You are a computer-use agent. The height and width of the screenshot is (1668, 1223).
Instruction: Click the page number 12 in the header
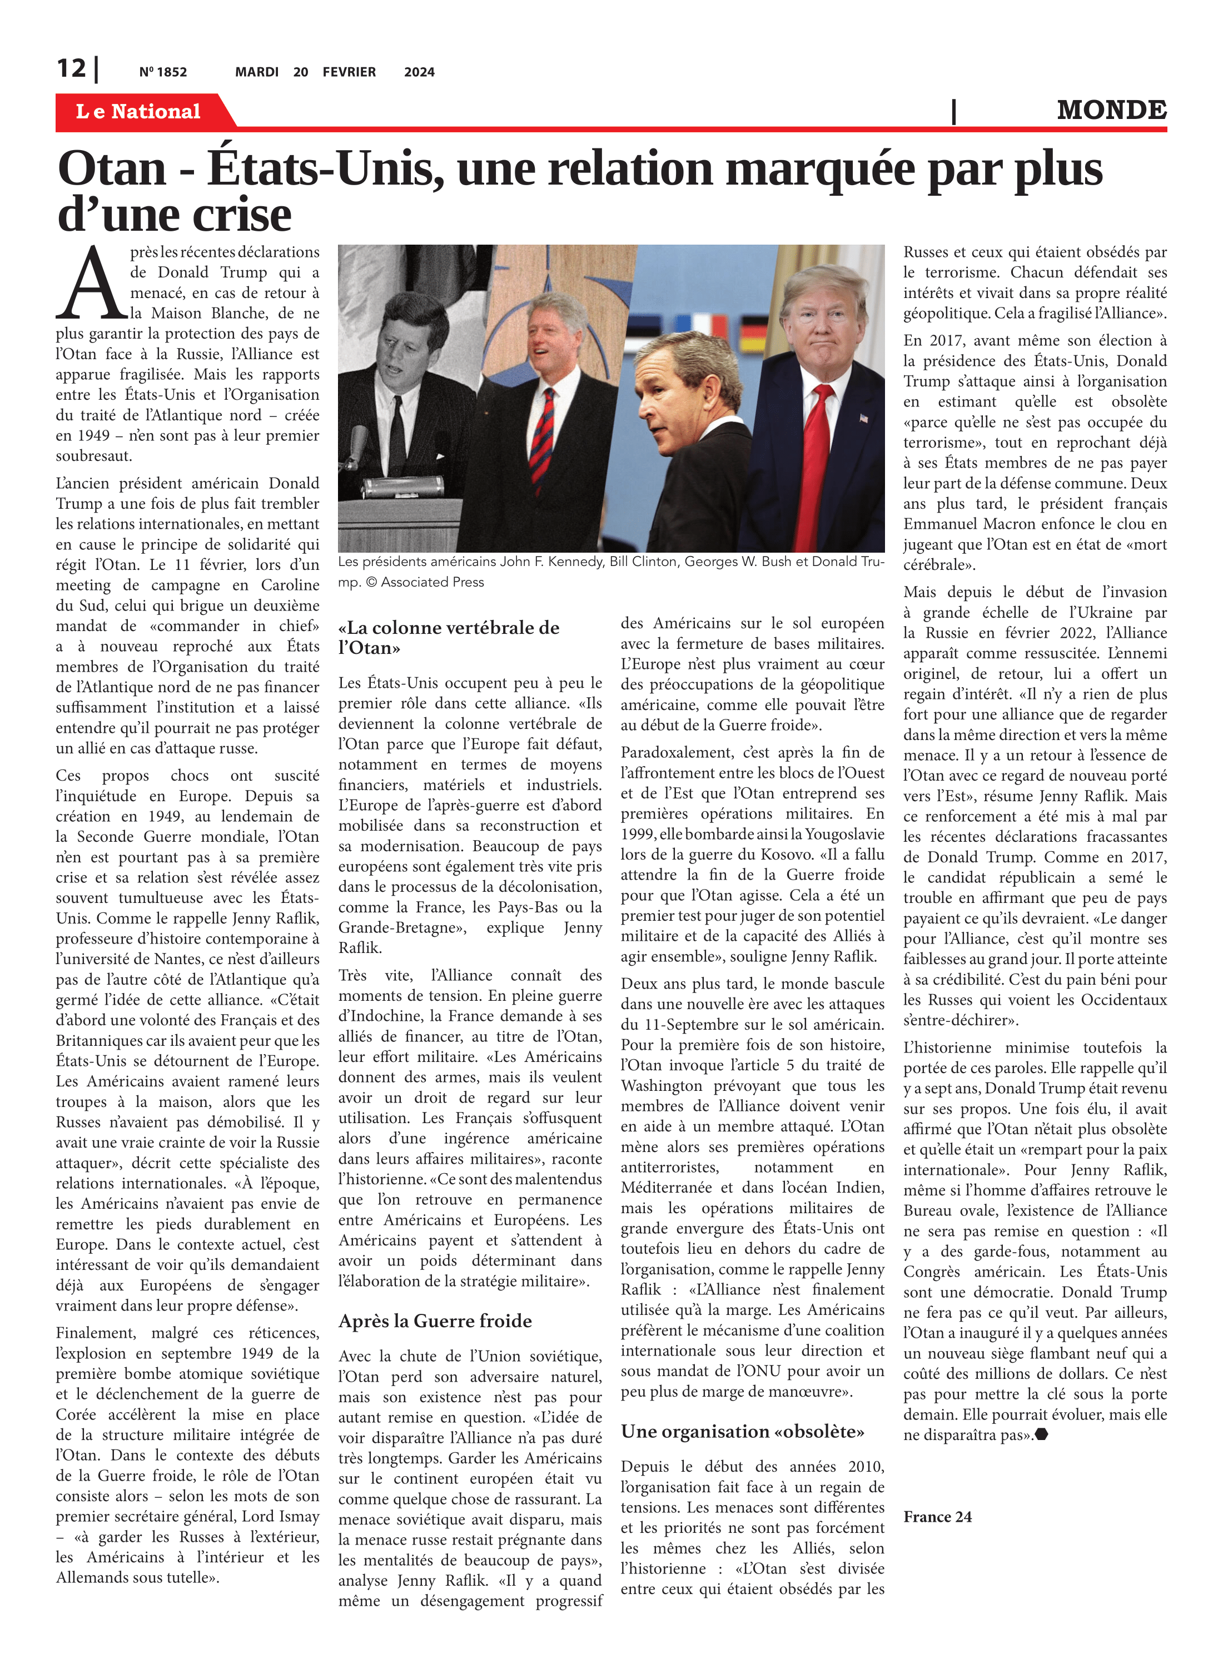pos(72,69)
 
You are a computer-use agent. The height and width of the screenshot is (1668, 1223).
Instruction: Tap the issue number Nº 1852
pos(163,72)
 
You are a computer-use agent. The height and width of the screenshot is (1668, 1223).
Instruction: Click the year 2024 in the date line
pos(419,72)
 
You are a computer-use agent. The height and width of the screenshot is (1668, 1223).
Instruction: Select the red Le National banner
pos(138,112)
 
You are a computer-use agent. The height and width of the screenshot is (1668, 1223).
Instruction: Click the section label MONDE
pos(1111,110)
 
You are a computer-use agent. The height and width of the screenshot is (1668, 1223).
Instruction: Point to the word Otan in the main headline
pos(112,169)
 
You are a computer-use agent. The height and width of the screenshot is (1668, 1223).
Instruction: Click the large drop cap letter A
pos(92,284)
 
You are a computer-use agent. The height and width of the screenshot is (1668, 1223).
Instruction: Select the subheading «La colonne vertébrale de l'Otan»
pos(449,637)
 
